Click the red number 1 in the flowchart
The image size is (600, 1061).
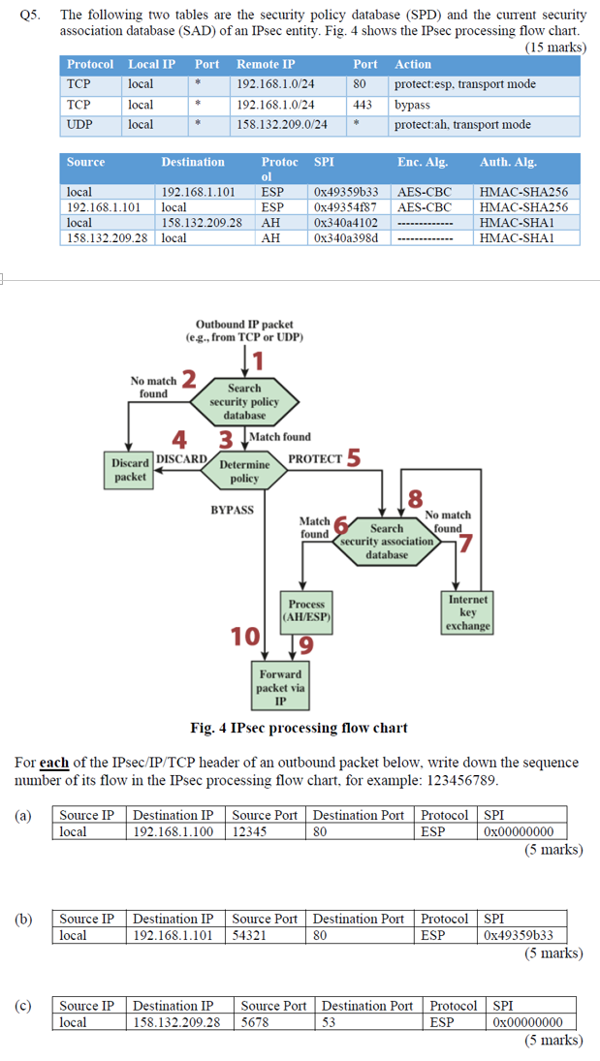pos(258,361)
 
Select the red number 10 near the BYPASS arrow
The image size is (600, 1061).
pos(244,637)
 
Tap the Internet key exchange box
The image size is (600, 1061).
pos(468,612)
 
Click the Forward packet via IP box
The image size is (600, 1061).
pos(280,687)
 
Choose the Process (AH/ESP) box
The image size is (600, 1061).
pos(306,609)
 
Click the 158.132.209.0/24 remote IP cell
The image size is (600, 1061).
pos(282,125)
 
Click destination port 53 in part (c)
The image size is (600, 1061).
pos(331,1022)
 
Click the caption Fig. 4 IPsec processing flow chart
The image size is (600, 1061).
pos(300,728)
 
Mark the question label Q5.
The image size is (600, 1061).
pos(28,16)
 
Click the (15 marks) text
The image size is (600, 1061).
pos(554,47)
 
